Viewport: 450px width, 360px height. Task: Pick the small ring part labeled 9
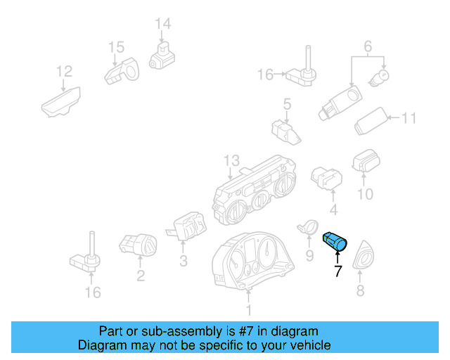tap(306, 226)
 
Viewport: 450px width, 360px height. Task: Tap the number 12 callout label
tap(64, 71)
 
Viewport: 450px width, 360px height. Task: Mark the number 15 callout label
tap(116, 48)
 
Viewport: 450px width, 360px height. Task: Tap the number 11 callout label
tap(409, 118)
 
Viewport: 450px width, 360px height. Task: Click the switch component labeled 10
tap(366, 161)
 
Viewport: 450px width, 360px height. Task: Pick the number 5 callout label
tap(287, 105)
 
